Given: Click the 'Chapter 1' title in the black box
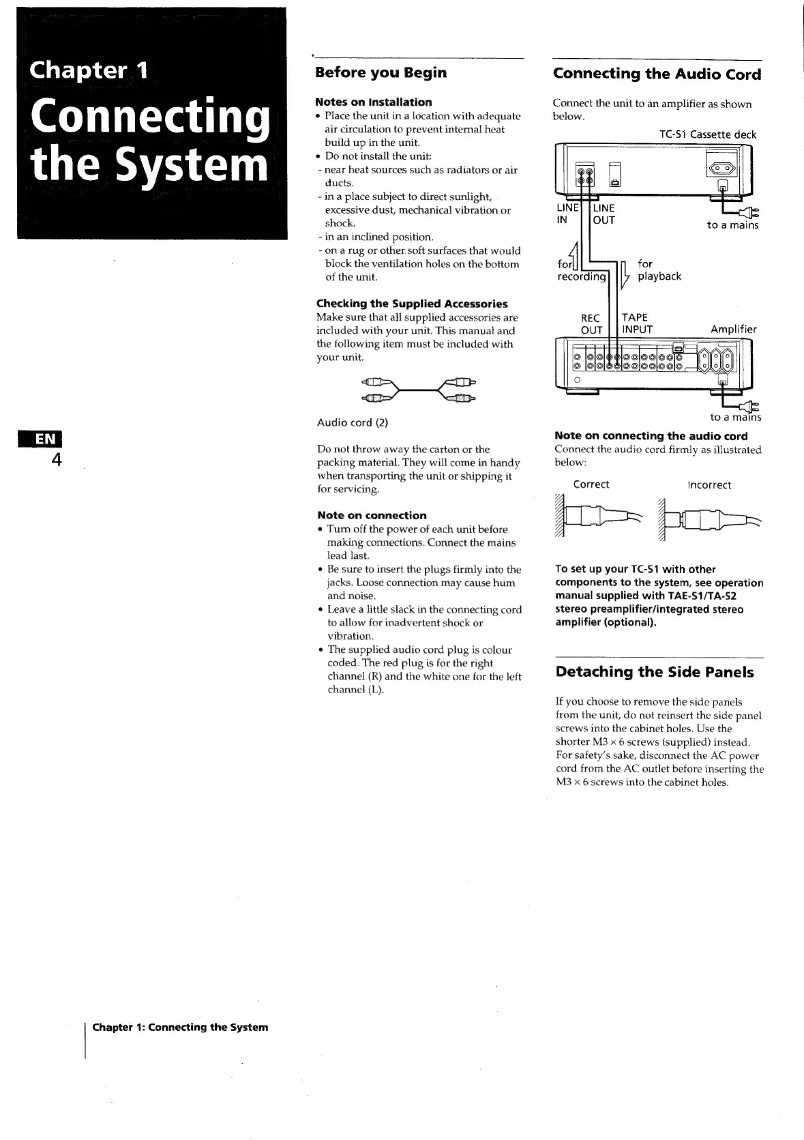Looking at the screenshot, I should [89, 70].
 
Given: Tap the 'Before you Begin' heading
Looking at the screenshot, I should [381, 72].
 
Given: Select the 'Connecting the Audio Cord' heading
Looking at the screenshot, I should [657, 74].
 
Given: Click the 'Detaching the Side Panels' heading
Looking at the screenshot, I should [655, 672].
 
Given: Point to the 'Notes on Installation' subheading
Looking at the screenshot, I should [374, 102].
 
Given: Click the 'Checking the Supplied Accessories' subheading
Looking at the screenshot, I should [412, 304].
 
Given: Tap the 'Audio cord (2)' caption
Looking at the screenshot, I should [353, 422].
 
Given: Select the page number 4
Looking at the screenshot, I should [57, 461].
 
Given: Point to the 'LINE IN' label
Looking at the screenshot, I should [567, 214].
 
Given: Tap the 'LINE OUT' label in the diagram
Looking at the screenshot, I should [604, 214].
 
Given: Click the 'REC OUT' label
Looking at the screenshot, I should [591, 324].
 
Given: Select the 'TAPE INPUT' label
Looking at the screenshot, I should [637, 323].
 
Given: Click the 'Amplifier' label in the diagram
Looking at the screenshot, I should [734, 329].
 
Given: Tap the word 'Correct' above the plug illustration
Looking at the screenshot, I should [591, 484].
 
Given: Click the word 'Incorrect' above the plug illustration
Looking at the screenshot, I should [709, 485].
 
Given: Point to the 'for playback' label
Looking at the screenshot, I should [659, 269].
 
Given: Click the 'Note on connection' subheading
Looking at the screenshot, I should [372, 515].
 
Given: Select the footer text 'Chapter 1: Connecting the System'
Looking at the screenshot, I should [180, 1027].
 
